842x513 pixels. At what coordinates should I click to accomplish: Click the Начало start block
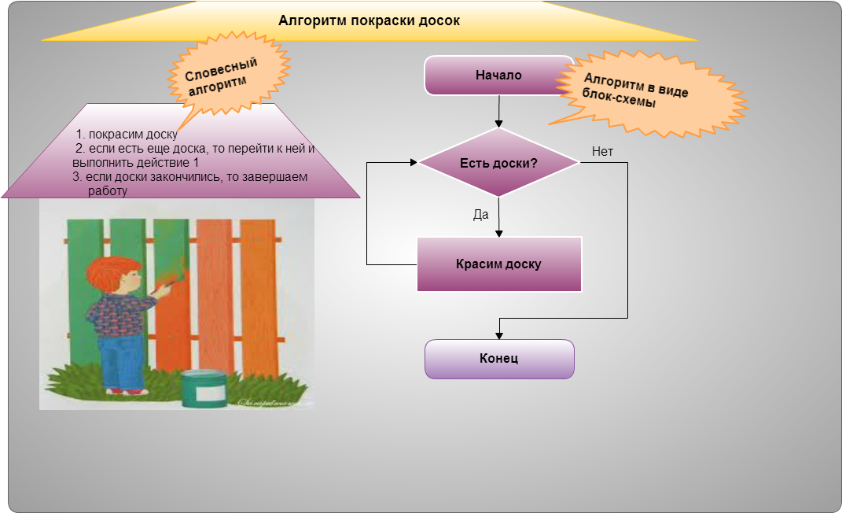click(x=499, y=76)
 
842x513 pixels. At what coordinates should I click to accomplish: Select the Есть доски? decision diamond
click(x=498, y=162)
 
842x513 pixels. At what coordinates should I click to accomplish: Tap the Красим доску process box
click(x=499, y=264)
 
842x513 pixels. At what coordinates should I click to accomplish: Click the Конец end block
click(x=499, y=359)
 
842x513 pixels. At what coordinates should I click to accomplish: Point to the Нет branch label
click(x=602, y=152)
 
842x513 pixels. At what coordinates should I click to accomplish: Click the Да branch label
click(x=480, y=214)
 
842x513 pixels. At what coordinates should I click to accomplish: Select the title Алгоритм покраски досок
click(x=369, y=20)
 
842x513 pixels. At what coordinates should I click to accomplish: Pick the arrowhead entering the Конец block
click(x=499, y=336)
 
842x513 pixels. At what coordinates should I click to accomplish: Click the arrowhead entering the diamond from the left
click(x=414, y=162)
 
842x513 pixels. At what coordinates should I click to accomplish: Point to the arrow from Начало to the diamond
click(x=499, y=111)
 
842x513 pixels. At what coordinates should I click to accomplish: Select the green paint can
click(x=204, y=389)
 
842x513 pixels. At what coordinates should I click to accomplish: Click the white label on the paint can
click(x=211, y=393)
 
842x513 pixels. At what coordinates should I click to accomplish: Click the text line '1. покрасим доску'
click(x=127, y=135)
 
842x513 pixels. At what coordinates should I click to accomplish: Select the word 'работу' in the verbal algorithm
click(x=108, y=191)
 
